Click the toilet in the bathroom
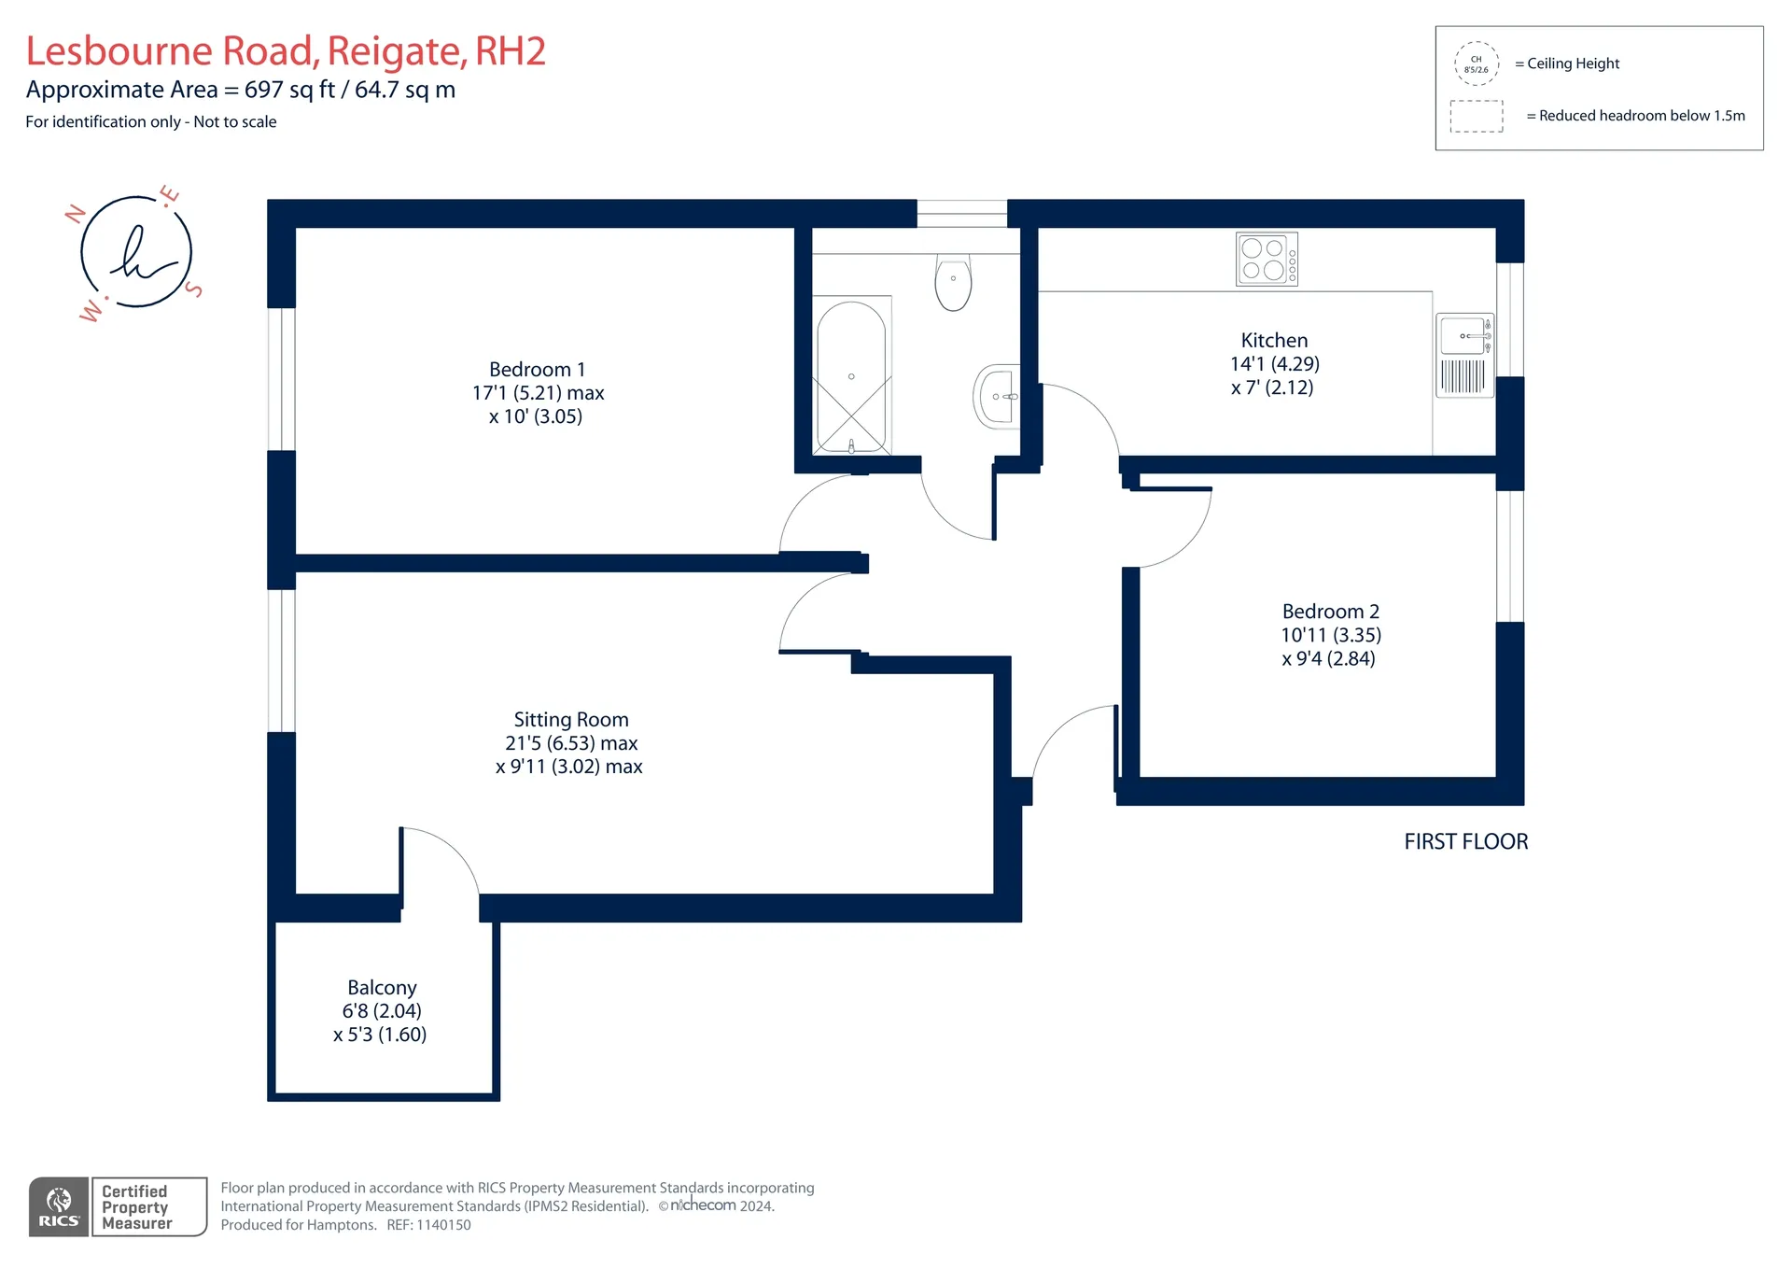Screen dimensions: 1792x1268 (x=953, y=282)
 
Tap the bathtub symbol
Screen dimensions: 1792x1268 (x=851, y=376)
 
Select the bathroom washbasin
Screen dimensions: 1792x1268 (x=997, y=396)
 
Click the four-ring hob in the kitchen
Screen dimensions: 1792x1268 (x=1267, y=259)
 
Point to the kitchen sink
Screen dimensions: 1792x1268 (x=1464, y=355)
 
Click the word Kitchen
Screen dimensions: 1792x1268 (x=1274, y=341)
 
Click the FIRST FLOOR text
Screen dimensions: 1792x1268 (x=1466, y=842)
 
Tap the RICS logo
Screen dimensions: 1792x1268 (x=59, y=1207)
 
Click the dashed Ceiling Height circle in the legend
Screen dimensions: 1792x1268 (x=1477, y=63)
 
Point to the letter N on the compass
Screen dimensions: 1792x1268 (x=75, y=214)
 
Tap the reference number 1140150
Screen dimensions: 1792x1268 (x=444, y=1225)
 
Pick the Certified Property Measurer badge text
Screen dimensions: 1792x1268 (x=137, y=1207)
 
